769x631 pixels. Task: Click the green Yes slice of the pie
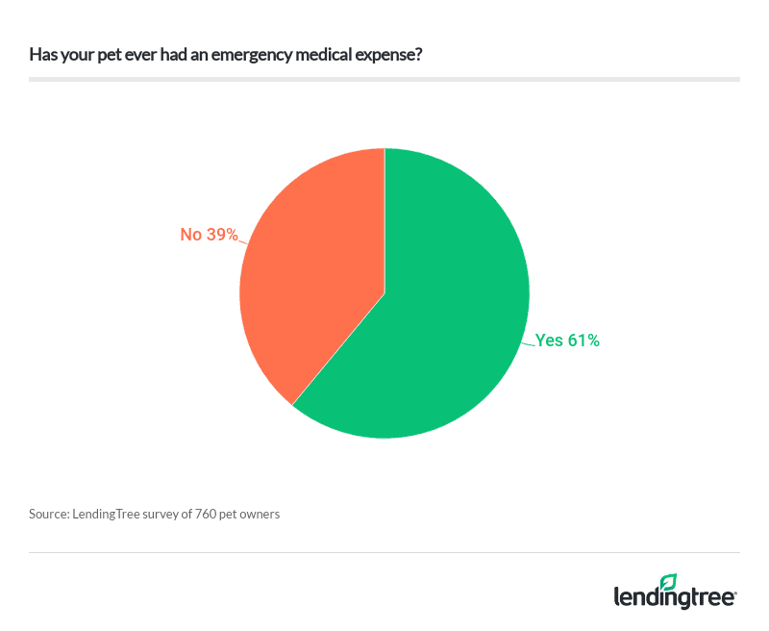tap(442, 327)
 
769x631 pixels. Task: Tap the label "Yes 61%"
tap(567, 340)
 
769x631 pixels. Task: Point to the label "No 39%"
tap(209, 234)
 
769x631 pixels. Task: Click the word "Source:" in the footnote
tap(49, 514)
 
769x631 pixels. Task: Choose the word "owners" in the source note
tap(260, 514)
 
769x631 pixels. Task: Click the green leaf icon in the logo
tap(669, 582)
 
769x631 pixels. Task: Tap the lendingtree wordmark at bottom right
tap(675, 597)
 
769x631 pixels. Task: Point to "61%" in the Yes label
tap(583, 340)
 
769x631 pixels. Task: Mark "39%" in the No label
tap(221, 234)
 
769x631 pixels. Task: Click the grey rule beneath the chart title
tap(384, 80)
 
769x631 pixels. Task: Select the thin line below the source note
tap(384, 552)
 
